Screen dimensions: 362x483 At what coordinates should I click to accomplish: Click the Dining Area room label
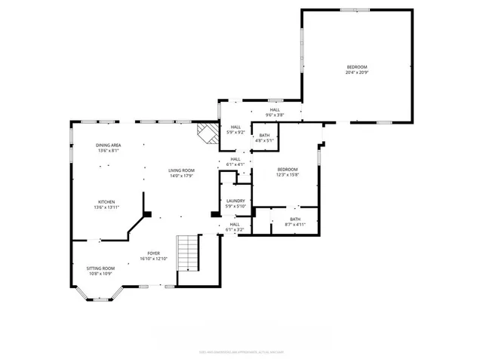108,145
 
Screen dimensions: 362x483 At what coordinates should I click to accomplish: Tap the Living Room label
181,170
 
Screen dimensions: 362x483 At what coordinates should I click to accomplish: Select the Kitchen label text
106,201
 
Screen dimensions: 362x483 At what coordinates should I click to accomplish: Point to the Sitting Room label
100,268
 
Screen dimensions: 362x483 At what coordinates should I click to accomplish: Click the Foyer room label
153,254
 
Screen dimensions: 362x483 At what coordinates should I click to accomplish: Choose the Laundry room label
235,201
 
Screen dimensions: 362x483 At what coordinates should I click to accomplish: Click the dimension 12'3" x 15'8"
287,175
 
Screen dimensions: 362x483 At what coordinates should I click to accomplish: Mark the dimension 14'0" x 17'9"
181,176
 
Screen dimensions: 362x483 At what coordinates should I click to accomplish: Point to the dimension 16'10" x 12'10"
153,259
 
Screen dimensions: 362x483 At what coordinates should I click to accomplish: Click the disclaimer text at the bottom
241,350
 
